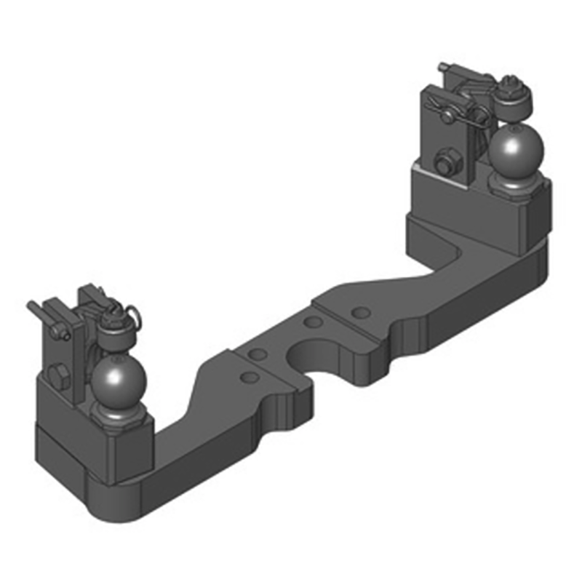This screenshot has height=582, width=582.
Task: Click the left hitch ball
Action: pyautogui.click(x=118, y=378)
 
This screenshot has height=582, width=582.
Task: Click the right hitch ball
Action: pyautogui.click(x=515, y=151)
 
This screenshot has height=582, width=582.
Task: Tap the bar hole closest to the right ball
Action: pyautogui.click(x=359, y=312)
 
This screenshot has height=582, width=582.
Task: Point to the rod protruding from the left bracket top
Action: pyautogui.click(x=35, y=307)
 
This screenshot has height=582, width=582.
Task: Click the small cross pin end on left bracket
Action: pyautogui.click(x=66, y=335)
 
